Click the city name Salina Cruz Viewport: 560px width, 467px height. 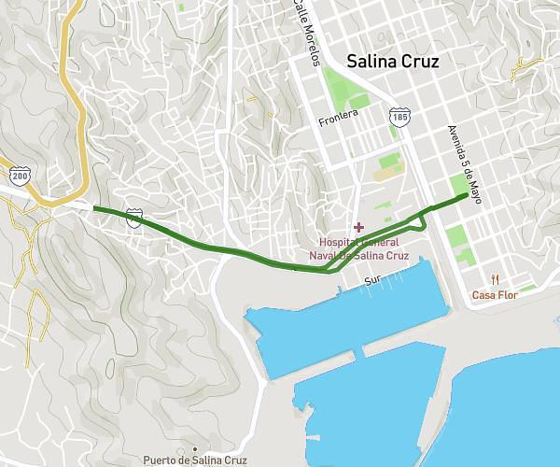point(393,62)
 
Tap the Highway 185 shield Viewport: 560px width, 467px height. point(399,117)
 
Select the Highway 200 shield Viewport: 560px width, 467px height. point(20,176)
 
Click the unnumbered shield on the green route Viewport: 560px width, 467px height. point(135,217)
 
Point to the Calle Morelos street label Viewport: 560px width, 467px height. point(305,33)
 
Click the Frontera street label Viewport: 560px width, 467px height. point(338,118)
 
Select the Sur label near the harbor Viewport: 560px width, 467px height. point(373,279)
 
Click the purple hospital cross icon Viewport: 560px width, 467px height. point(358,227)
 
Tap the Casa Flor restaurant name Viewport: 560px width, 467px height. point(495,295)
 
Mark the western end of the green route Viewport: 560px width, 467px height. point(95,208)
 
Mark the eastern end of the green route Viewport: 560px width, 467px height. point(466,194)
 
